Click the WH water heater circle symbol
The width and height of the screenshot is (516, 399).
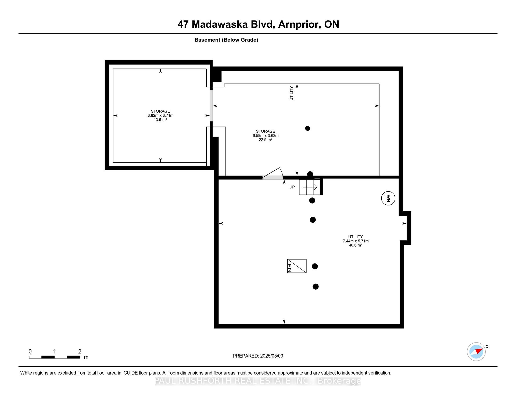388,198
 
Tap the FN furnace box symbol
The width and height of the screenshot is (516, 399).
297,266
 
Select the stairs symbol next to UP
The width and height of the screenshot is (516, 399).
310,187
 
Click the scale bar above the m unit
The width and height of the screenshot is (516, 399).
54,357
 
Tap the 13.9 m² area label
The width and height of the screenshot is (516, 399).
160,120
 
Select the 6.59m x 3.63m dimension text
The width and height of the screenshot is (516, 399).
266,136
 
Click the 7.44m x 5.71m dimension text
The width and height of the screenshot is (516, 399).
356,241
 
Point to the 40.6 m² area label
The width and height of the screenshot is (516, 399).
356,245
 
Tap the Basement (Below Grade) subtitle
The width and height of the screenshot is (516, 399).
226,40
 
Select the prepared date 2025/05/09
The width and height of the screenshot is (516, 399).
272,356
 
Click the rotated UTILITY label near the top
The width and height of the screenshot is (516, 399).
292,93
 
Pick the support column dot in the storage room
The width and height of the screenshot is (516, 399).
308,128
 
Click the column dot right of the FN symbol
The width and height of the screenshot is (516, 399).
315,266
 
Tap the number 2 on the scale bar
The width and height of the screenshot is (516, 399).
80,351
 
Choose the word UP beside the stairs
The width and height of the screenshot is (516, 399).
292,187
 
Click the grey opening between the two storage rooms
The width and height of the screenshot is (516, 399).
211,105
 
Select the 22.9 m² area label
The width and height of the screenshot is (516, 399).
266,140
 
